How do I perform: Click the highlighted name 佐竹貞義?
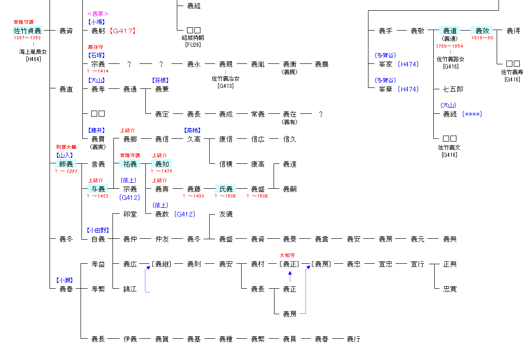(27, 31)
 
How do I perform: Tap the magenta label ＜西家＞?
(98, 14)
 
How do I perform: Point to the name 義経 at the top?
(193, 6)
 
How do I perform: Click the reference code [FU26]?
(193, 44)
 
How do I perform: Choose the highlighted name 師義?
(66, 164)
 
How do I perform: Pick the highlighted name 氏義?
(225, 189)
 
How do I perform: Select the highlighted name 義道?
(449, 31)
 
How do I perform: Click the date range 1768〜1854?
(449, 46)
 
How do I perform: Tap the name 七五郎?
(449, 89)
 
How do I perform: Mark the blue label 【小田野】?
(98, 230)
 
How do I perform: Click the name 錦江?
(130, 289)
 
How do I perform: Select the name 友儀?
(225, 214)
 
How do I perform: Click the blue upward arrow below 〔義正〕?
(290, 276)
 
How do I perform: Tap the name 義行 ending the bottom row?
(353, 339)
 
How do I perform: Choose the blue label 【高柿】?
(193, 130)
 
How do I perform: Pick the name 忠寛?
(449, 289)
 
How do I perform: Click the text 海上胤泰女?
(33, 51)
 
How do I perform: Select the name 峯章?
(385, 89)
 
